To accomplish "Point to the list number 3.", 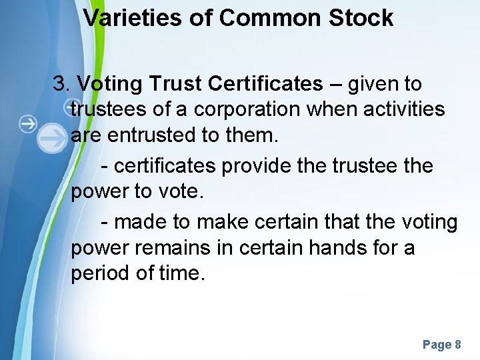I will pos(61,84).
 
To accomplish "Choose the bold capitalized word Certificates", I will pos(265,84).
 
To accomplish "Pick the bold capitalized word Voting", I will pos(111,84).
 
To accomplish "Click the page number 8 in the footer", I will pos(457,345).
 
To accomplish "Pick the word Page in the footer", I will pos(437,345).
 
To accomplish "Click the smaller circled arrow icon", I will pos(28,123).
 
